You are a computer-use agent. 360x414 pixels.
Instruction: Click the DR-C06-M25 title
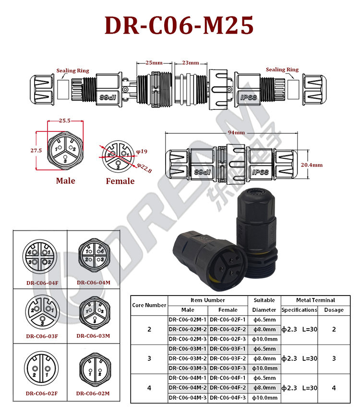(x=179, y=25)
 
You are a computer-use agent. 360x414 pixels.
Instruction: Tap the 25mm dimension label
(x=154, y=63)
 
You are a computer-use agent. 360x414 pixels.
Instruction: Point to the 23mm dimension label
(x=191, y=63)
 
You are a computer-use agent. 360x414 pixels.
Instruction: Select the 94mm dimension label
(x=236, y=132)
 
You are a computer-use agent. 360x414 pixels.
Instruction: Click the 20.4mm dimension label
(x=312, y=165)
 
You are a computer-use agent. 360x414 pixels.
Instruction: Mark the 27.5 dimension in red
(x=36, y=151)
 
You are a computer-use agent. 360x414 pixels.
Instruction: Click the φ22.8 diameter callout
(x=144, y=168)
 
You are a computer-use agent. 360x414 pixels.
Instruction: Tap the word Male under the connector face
(x=65, y=181)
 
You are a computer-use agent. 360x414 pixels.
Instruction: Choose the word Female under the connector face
(x=120, y=181)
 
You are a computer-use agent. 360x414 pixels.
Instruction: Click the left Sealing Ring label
(x=72, y=71)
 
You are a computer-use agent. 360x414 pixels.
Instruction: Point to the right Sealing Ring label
(x=282, y=70)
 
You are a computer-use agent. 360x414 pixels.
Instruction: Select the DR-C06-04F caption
(x=42, y=283)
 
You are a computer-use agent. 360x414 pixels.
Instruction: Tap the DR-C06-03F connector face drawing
(x=42, y=312)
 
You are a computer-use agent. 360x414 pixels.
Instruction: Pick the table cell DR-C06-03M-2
(x=188, y=358)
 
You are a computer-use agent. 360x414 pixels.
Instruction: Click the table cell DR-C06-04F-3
(x=228, y=398)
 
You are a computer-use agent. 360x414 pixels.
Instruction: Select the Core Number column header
(x=149, y=305)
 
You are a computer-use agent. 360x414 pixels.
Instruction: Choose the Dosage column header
(x=334, y=310)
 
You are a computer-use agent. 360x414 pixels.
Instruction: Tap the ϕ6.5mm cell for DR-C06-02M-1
(x=264, y=320)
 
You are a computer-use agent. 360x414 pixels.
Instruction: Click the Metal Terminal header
(x=316, y=300)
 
